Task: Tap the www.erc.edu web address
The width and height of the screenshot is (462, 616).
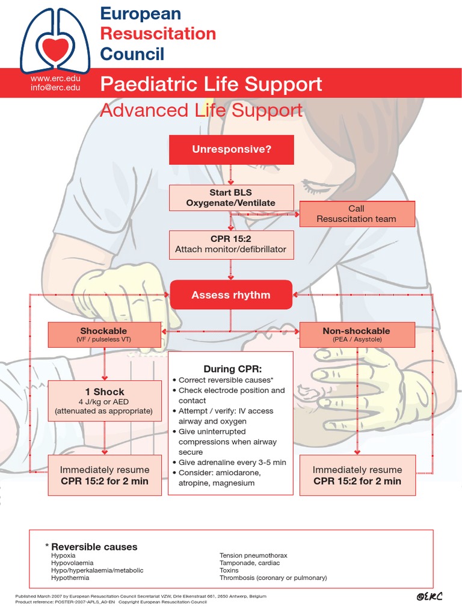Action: (x=55, y=79)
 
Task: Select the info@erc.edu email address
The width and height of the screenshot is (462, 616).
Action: (x=55, y=88)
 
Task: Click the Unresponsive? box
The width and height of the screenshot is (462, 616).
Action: (x=232, y=149)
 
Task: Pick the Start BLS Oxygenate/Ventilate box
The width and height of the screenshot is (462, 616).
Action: (x=232, y=198)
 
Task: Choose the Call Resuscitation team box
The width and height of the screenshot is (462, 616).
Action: (x=357, y=214)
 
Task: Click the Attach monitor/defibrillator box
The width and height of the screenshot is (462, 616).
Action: (x=232, y=244)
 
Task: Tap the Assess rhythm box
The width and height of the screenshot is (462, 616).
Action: (x=231, y=295)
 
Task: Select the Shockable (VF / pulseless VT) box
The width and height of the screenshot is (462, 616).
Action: (x=104, y=334)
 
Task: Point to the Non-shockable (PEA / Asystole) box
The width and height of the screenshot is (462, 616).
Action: (x=357, y=334)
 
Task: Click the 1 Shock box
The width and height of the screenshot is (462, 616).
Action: (x=104, y=401)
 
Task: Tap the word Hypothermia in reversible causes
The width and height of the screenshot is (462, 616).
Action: (x=70, y=577)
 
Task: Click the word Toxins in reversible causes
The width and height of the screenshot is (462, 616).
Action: (x=229, y=570)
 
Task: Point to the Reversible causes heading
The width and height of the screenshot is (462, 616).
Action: (x=93, y=547)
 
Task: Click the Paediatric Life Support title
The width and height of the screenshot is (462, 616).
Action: (x=211, y=84)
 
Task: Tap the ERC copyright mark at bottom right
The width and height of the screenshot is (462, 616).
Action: (x=429, y=596)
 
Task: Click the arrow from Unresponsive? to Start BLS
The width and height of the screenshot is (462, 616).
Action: (x=232, y=174)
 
